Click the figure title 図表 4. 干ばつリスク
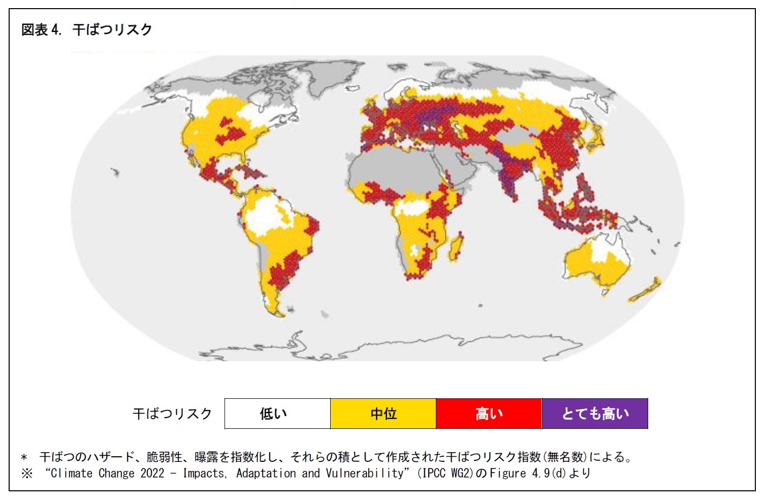[86, 29]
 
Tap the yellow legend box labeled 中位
[383, 414]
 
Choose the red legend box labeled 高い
[489, 414]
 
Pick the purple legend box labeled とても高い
[595, 414]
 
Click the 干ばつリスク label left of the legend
[172, 414]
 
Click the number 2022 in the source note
[152, 473]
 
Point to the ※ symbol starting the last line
[27, 474]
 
